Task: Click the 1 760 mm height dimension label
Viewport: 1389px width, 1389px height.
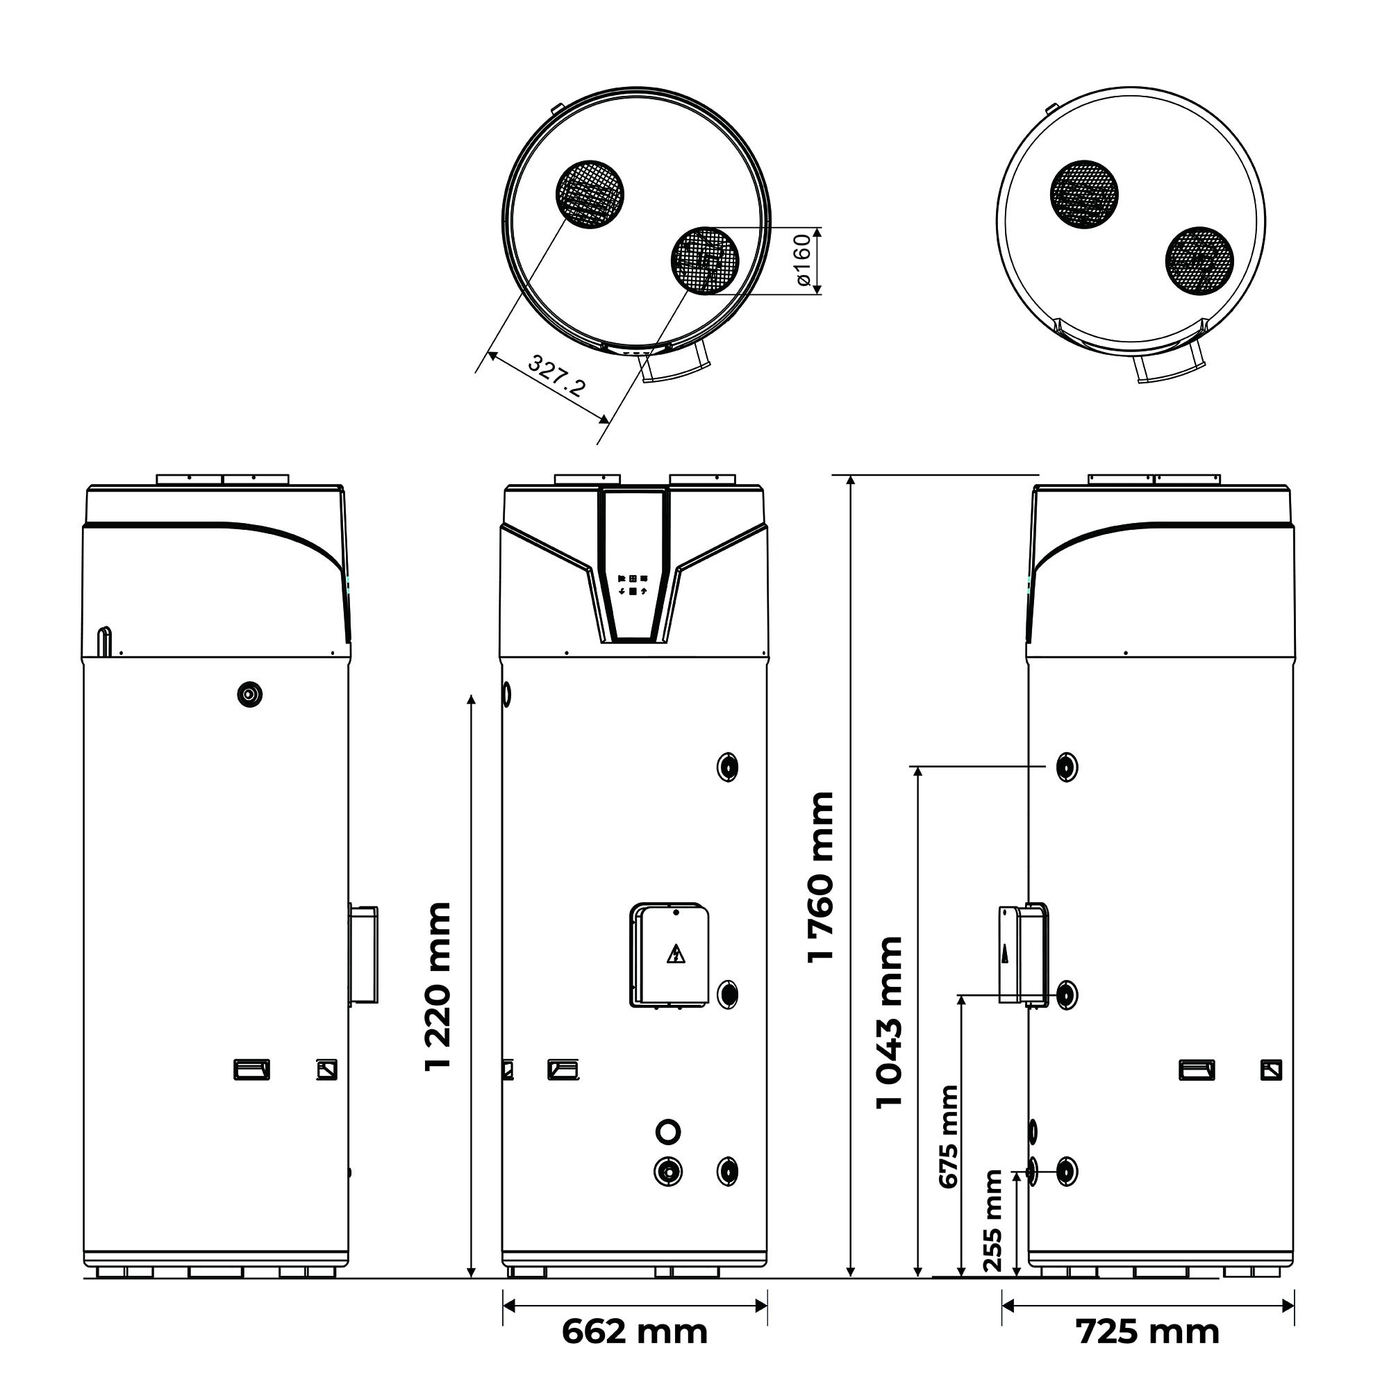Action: tap(821, 876)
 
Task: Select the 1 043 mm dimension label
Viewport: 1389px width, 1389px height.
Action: tap(890, 1022)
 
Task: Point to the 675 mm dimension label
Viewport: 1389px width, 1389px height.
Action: tap(949, 1137)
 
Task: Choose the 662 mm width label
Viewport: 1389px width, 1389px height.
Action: tap(634, 1331)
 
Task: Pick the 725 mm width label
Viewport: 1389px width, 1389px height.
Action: tap(1147, 1331)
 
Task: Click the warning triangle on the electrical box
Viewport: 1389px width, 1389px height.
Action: tap(676, 955)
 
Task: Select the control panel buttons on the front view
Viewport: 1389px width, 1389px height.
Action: tap(633, 585)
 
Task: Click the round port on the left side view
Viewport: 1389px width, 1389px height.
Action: tap(249, 694)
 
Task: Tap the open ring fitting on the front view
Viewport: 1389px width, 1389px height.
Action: tap(668, 1131)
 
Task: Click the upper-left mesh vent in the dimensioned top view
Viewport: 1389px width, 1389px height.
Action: tap(590, 194)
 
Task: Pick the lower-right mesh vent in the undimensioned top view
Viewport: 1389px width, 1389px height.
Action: tap(1199, 262)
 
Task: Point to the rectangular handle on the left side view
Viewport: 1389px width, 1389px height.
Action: tap(251, 1070)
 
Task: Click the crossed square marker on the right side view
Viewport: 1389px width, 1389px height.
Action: tap(1271, 1070)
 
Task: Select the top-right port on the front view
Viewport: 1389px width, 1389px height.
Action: tap(728, 767)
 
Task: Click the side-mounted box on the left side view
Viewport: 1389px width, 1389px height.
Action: tap(364, 954)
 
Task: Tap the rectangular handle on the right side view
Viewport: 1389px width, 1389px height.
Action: tap(1197, 1070)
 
